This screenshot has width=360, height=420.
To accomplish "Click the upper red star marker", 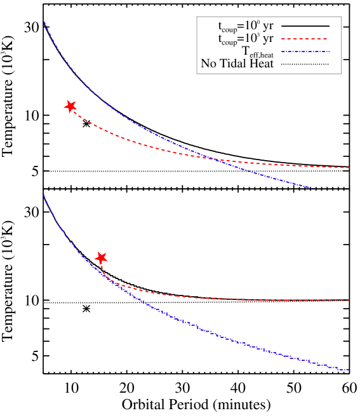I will coord(70,106).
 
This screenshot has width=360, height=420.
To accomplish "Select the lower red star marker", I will coord(101,258).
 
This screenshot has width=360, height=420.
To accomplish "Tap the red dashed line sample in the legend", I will coord(304,39).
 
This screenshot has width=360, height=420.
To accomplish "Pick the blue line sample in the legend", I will coord(305,51).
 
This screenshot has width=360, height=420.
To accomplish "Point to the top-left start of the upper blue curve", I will coord(44,21).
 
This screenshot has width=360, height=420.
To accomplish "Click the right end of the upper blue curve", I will coord(312,187).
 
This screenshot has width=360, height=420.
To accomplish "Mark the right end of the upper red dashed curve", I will coord(349,168).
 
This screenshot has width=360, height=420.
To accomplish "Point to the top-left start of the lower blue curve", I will coord(43,194).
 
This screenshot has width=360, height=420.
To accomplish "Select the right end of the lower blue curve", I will coord(349,369).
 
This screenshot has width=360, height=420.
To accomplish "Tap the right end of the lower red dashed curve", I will coord(349,300).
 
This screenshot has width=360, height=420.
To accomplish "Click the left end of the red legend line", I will coord(281,39).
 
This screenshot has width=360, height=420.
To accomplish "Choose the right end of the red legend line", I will coord(328,39).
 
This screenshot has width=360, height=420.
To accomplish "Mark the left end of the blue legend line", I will coord(281,51).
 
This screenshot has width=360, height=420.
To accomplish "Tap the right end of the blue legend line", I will coord(329,51).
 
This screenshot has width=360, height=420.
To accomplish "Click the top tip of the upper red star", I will coord(71,100).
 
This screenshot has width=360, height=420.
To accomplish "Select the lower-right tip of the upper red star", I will coord(74,112).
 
